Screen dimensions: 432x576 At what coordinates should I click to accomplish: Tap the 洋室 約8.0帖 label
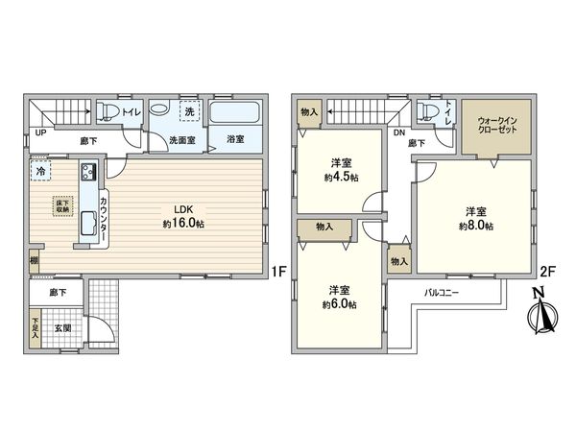point(475,218)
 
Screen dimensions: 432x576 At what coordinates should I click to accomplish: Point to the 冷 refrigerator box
point(40,172)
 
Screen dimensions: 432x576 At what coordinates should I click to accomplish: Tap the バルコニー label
point(444,291)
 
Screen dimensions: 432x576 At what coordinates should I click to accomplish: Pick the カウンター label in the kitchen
point(104,208)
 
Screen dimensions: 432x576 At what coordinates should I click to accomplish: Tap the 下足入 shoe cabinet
point(35,332)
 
